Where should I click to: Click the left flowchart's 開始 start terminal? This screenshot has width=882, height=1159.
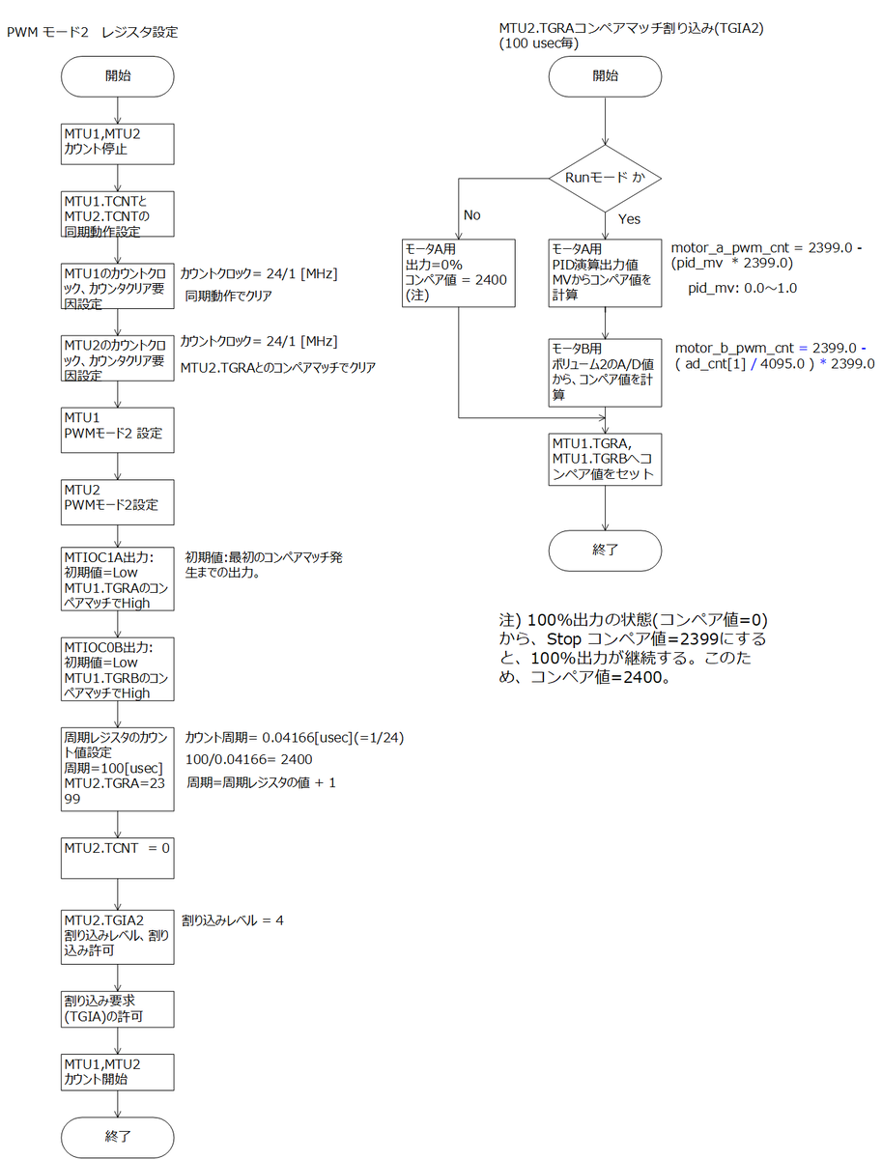tap(117, 76)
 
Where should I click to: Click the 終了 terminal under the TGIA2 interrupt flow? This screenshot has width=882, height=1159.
tap(605, 551)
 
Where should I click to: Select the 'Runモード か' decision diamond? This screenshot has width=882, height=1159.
tap(605, 179)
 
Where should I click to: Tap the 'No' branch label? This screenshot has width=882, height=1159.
tap(471, 215)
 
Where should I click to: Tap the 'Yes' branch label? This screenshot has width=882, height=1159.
tap(629, 218)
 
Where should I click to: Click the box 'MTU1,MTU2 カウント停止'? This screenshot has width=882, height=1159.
tap(117, 144)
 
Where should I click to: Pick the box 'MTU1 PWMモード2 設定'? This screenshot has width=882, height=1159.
tap(117, 430)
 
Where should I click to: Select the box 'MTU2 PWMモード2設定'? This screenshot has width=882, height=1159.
tap(117, 502)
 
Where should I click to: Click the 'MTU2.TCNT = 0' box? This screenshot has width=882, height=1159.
tap(117, 858)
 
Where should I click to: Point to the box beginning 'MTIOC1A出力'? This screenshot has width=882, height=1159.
tap(117, 579)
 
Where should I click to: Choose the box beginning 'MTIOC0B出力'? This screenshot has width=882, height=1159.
tap(117, 669)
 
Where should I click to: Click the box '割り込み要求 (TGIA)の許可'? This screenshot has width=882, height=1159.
tap(117, 1009)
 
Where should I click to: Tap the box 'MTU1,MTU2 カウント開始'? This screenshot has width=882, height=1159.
tap(117, 1072)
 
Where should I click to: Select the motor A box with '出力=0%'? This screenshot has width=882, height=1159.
tap(459, 273)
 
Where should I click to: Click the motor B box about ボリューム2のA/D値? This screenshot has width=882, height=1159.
tap(605, 373)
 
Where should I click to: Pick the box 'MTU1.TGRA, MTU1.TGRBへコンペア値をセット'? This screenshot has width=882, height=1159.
tap(605, 460)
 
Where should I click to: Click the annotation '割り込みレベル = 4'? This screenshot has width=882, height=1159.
tap(233, 920)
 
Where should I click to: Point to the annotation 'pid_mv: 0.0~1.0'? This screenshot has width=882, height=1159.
tap(742, 288)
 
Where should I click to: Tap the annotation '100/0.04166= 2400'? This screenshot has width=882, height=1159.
tap(248, 759)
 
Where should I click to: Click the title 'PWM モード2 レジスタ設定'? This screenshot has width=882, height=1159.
tap(92, 32)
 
